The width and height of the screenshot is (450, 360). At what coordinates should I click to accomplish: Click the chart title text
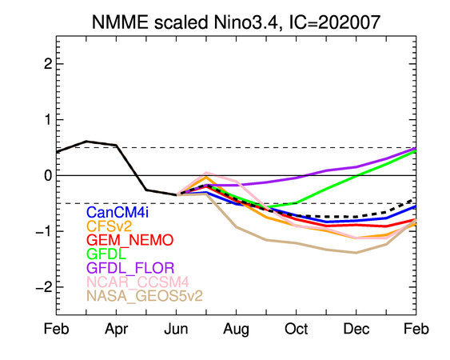coord(236,22)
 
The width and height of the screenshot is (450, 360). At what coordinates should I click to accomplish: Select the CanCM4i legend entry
coord(117,212)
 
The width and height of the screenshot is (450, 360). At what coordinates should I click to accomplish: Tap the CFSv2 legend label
coord(109,226)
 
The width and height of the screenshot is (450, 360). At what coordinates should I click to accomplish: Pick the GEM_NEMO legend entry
coord(130,240)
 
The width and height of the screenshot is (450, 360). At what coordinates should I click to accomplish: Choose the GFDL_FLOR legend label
coord(130,268)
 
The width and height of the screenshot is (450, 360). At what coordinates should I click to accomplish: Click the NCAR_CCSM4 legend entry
coord(137,282)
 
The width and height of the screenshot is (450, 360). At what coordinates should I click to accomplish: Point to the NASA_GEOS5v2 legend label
coord(145,296)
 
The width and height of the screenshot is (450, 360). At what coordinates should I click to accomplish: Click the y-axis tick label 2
coord(48,64)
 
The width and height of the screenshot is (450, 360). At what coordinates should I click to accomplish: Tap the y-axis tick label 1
coord(48,119)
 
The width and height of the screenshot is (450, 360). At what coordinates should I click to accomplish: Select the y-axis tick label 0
coord(48,175)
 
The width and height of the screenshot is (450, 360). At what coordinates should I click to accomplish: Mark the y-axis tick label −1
coord(44,231)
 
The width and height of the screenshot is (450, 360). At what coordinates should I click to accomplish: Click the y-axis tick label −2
coord(44,287)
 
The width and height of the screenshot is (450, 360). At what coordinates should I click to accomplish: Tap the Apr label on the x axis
coord(116,330)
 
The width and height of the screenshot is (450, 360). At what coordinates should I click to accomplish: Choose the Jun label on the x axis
coord(176,329)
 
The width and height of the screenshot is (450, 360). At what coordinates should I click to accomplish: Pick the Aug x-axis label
coord(236,330)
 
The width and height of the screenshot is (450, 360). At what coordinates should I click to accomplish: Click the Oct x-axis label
coord(296,329)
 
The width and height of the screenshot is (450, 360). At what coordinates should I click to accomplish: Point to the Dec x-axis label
coord(356,329)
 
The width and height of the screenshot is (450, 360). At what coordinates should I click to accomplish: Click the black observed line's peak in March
coord(86,142)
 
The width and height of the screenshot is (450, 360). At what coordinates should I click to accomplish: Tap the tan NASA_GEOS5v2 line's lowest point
coord(356,253)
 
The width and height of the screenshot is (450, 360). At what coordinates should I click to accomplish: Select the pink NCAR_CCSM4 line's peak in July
coord(206,173)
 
